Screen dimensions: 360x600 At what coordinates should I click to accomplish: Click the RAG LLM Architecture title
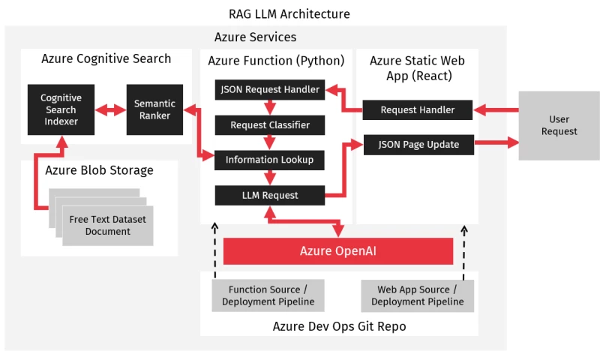[289, 14]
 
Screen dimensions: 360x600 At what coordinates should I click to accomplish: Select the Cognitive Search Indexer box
[61, 109]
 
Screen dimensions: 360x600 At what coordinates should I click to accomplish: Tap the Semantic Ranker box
[154, 109]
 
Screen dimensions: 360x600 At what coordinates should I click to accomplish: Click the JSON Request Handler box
[270, 90]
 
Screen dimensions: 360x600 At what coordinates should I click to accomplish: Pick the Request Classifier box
[270, 124]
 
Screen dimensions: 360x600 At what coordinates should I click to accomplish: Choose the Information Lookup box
[270, 160]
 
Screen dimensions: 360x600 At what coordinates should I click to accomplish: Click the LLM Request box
[270, 195]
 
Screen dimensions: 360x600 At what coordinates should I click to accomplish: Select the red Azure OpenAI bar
[337, 251]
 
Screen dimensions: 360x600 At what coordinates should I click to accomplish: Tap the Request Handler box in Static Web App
[418, 109]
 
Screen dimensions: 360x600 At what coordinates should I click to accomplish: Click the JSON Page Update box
[418, 144]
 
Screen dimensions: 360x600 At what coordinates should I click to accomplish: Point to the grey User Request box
[559, 125]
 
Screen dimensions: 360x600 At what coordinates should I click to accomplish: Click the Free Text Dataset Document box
[107, 225]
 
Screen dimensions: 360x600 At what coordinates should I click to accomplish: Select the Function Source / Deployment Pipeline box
[268, 295]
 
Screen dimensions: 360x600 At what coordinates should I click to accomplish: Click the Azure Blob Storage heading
[99, 170]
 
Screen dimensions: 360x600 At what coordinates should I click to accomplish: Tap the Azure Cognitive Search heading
[106, 58]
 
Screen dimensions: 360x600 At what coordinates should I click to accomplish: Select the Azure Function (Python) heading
[276, 60]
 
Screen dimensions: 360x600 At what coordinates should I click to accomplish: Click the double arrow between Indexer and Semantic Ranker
[112, 110]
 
